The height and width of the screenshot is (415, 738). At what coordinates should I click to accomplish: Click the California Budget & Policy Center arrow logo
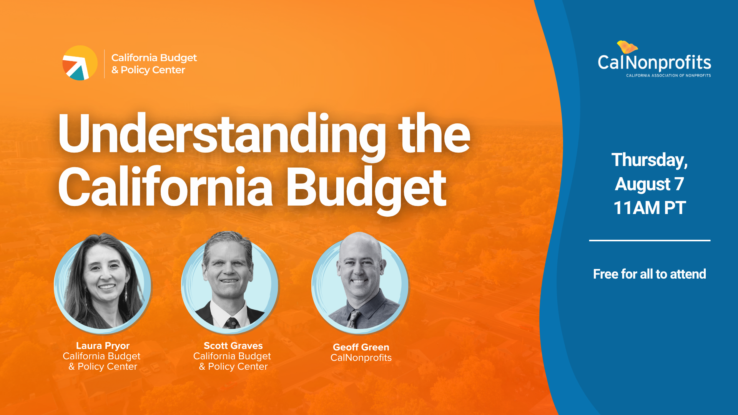[x=80, y=63]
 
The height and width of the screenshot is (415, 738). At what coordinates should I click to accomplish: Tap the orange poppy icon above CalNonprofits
[x=627, y=47]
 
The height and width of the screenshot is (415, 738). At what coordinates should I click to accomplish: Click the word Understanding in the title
[x=221, y=134]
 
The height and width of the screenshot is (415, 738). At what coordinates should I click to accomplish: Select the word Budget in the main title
[x=366, y=188]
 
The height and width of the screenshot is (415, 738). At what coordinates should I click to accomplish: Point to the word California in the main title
[x=165, y=188]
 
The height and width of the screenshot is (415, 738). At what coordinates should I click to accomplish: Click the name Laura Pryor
[x=103, y=345]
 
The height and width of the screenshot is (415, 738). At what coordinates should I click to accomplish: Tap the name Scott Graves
[x=233, y=345]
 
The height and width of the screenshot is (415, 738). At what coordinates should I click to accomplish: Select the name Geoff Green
[x=361, y=347]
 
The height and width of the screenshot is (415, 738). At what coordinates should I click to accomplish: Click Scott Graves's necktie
[x=231, y=322]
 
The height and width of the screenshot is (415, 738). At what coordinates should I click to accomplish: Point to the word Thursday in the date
[x=649, y=160]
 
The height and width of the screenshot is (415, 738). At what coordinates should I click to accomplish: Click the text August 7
[x=649, y=184]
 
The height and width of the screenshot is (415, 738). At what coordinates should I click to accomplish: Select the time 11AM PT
[x=649, y=208]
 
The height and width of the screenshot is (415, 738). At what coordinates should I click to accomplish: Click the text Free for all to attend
[x=649, y=274]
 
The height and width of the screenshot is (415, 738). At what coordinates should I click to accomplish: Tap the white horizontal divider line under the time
[x=649, y=241]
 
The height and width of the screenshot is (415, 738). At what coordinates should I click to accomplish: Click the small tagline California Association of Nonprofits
[x=668, y=75]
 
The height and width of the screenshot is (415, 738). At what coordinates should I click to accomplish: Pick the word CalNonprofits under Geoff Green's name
[x=361, y=358]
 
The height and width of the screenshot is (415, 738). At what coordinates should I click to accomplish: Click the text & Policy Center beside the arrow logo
[x=148, y=70]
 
